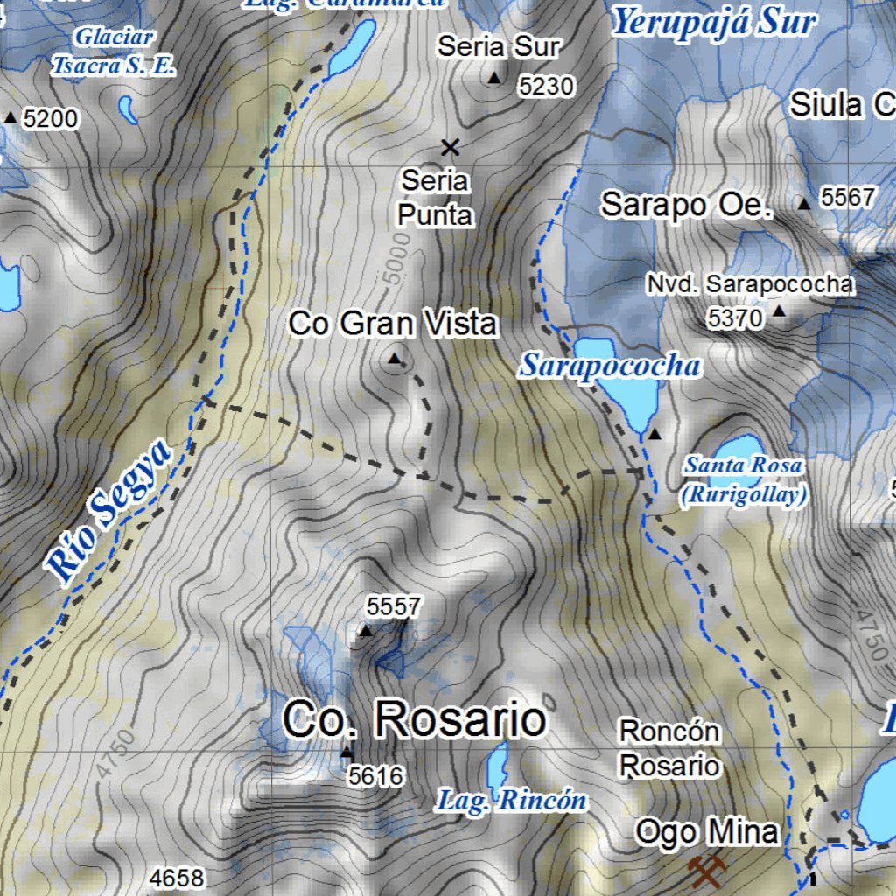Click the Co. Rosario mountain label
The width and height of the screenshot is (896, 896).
point(414,721)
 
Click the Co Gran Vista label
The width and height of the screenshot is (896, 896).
point(393,324)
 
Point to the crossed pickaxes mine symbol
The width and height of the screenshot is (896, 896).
point(706,871)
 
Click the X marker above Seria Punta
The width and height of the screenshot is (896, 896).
point(451,147)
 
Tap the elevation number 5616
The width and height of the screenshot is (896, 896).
point(375,776)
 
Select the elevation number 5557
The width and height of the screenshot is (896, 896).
point(394,606)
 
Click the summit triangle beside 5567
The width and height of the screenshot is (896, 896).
point(804,204)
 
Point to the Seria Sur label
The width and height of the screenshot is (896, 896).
point(499,46)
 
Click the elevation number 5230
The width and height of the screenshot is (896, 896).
point(546,86)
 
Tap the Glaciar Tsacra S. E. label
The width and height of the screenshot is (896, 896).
point(115,51)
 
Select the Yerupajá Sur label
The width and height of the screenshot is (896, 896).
point(713,22)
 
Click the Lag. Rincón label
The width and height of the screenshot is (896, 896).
point(511,800)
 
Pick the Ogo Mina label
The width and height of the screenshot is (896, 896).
point(707,831)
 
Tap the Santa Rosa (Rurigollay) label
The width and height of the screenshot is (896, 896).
point(744,480)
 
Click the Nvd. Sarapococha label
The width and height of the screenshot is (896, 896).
point(750,284)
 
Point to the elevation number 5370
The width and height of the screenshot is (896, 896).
point(736,319)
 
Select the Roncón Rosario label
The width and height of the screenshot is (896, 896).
point(670,748)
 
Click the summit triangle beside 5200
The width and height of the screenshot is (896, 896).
point(10,116)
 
